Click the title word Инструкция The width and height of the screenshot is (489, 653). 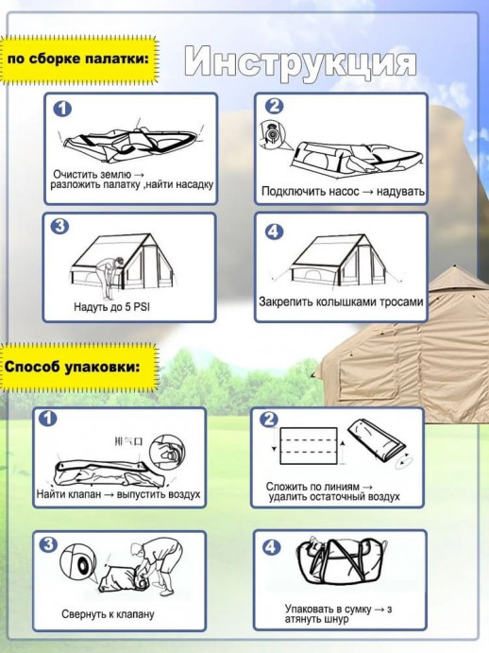(300, 63)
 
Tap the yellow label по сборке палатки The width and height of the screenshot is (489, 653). (78, 60)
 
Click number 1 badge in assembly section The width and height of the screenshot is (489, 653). (62, 109)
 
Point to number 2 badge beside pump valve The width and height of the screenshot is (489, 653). (275, 106)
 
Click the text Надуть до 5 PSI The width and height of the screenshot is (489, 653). (111, 307)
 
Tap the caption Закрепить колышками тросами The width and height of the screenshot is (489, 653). (341, 301)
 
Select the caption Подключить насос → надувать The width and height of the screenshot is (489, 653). (343, 191)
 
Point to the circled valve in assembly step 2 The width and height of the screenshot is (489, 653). (272, 135)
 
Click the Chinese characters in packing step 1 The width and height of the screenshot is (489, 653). (128, 441)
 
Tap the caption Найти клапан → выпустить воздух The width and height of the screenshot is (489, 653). (118, 494)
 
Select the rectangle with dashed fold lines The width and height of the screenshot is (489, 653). (309, 446)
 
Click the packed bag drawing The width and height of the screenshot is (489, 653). (341, 559)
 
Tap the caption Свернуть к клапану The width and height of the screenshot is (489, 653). (108, 614)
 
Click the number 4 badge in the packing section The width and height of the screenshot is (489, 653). (271, 547)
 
